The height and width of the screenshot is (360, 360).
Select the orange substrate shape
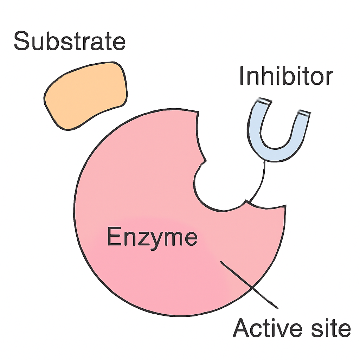(x=85, y=96)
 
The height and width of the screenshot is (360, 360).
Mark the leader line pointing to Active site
(x=249, y=285)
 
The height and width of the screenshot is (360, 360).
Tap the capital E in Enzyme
(x=114, y=236)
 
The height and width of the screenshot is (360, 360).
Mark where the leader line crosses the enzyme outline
(x=252, y=288)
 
